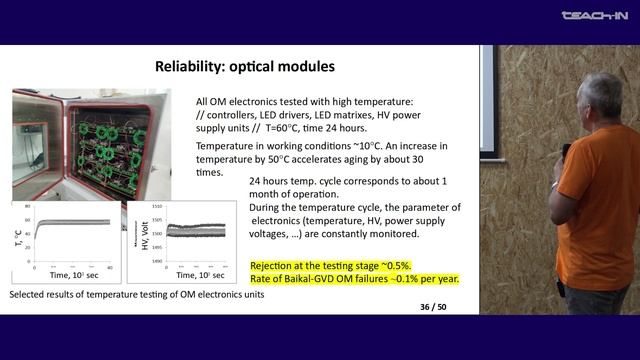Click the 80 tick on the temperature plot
(x=29, y=206)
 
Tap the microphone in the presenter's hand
(x=566, y=153)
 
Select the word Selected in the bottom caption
(x=29, y=296)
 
